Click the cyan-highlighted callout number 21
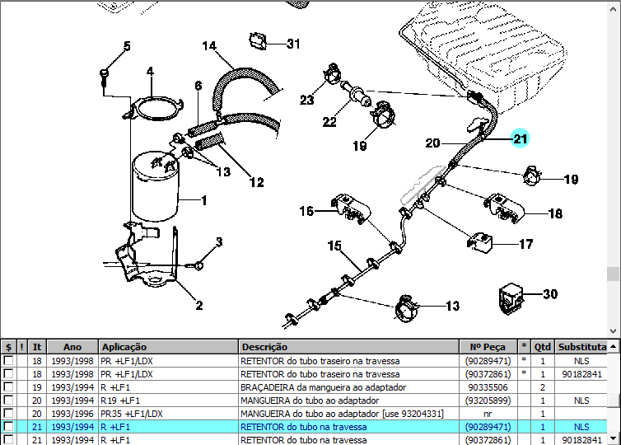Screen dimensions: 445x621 point(520,138)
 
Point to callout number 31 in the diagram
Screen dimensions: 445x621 point(293,44)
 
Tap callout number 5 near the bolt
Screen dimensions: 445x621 point(127,46)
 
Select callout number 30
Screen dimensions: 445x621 point(550,294)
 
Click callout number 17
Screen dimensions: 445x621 point(525,244)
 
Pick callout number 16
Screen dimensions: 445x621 point(306,212)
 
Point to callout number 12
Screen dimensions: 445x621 point(257,182)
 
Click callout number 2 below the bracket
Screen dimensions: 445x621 point(198,306)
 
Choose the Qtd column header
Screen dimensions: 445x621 point(543,347)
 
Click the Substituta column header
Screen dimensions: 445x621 point(582,347)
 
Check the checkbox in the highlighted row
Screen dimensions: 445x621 point(8,426)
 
